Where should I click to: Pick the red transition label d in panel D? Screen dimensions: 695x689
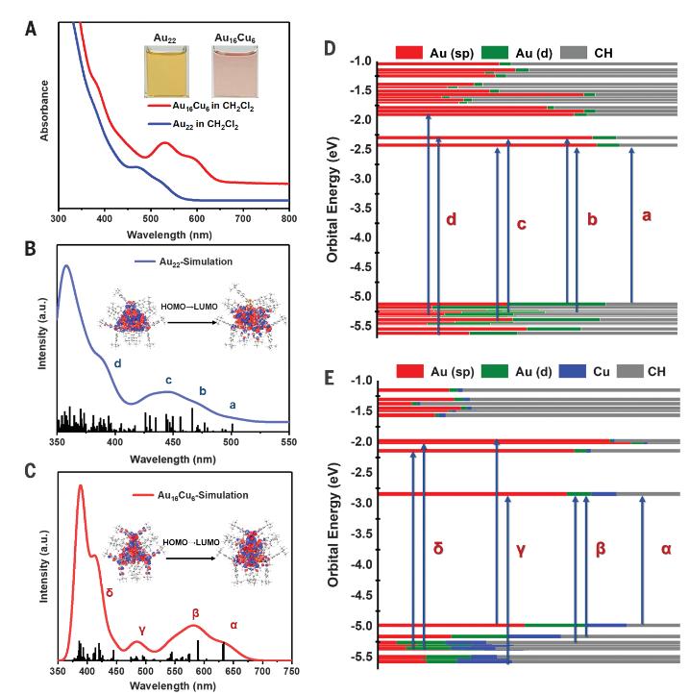(x=451, y=221)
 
